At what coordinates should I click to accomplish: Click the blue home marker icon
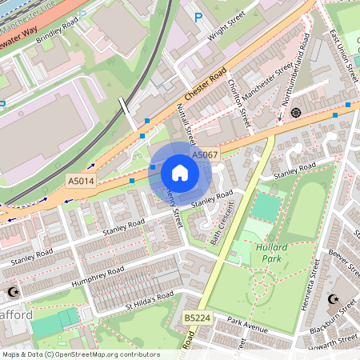[x=180, y=173]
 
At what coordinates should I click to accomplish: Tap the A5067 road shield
[x=202, y=154]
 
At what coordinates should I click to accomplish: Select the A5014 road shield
[x=81, y=182]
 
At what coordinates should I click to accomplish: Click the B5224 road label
[x=196, y=318]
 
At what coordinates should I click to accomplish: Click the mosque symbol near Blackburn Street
[x=334, y=300]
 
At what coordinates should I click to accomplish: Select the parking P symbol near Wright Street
[x=198, y=16]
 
